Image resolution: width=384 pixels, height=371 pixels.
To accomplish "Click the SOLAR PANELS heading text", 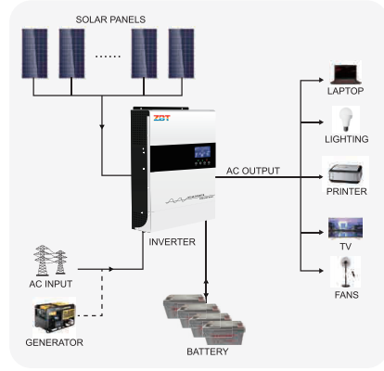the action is [110, 19].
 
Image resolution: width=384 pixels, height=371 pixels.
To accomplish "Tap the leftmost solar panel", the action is [34, 53].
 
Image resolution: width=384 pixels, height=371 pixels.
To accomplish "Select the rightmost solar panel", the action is [181, 53].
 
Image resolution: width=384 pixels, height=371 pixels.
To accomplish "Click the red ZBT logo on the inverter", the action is [161, 118].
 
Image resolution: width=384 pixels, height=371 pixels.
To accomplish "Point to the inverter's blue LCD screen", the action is [202, 152].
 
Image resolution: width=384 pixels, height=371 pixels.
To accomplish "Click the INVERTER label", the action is [172, 242].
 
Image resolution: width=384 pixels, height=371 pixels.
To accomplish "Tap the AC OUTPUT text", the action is [253, 171].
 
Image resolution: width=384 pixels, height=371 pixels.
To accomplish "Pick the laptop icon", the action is [346, 74].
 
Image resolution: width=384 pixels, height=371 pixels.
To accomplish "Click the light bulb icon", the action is [346, 120].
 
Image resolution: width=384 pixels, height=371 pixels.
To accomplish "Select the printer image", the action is [345, 173].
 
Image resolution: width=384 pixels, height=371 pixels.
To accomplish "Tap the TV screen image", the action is [345, 228].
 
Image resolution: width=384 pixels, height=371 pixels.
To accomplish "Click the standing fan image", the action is [345, 272].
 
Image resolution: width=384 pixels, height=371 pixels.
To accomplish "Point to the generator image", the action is [55, 316].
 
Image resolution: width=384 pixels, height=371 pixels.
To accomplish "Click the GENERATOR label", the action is [54, 342].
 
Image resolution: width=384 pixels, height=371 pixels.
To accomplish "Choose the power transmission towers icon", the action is [50, 260].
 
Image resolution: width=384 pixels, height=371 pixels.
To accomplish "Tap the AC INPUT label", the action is [51, 284].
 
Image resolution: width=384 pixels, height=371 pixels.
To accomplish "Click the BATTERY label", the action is [208, 352].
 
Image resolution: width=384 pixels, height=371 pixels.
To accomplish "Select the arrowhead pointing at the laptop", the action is [321, 80].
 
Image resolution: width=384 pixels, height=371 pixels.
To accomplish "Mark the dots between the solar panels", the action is [108, 57].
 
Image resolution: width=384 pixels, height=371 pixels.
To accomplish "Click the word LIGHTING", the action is [347, 139].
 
